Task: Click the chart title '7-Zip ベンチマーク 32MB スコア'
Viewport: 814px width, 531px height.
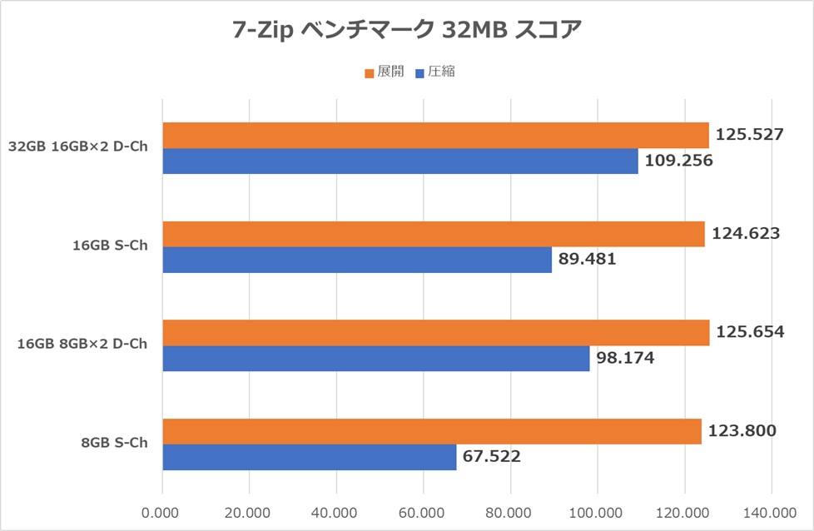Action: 406,30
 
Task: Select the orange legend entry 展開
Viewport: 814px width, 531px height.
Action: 384,72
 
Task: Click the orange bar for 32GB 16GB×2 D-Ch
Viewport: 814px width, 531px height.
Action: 435,136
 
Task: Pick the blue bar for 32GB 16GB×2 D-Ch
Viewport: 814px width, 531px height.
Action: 400,161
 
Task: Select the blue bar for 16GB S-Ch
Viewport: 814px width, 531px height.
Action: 356,260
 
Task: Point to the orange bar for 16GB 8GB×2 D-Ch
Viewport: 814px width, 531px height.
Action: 435,333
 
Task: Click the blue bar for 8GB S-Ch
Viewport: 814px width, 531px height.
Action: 309,457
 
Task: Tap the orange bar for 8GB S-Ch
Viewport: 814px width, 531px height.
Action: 431,431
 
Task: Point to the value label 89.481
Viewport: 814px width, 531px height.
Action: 588,259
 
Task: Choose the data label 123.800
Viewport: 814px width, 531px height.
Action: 742,431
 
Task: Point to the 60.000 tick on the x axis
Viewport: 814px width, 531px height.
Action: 423,511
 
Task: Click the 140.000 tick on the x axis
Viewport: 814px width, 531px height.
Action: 770,511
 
